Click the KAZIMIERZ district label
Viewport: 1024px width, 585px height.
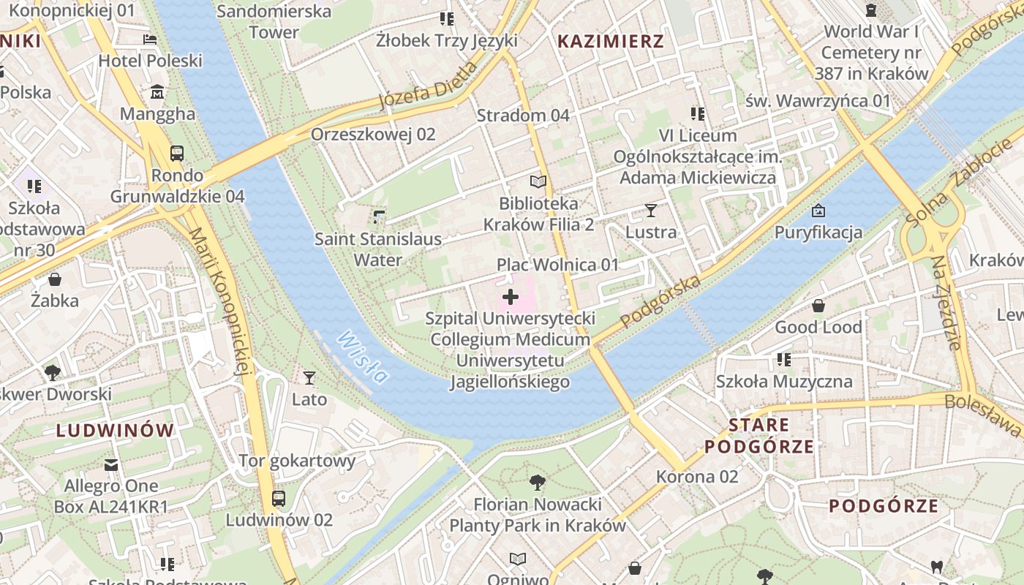[x=611, y=41]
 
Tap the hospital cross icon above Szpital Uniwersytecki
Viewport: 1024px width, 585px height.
[x=511, y=297]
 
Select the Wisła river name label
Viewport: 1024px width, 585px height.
[x=364, y=357]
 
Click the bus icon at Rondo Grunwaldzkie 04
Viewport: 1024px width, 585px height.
[x=177, y=154]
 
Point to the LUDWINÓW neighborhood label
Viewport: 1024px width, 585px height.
[x=116, y=430]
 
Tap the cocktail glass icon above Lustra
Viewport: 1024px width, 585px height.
[x=651, y=211]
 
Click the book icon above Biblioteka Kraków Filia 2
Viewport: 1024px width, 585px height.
[x=538, y=181]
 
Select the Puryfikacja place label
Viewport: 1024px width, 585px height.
[x=818, y=233]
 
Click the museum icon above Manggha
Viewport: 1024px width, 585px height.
[x=157, y=92]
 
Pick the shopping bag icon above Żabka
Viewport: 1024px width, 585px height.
[x=55, y=279]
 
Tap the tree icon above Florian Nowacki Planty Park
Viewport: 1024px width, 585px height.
[x=538, y=483]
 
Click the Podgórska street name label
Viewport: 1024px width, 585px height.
[x=660, y=301]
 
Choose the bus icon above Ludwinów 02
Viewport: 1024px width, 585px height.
[x=279, y=499]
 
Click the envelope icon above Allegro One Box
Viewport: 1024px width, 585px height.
[x=111, y=464]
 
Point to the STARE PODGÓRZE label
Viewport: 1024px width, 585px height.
[x=758, y=436]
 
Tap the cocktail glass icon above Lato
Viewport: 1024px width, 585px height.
[x=309, y=377]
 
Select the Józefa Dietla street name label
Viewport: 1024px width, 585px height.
[x=428, y=86]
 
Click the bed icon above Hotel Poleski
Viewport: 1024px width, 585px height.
[x=150, y=39]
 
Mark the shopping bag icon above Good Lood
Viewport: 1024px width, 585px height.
[x=818, y=306]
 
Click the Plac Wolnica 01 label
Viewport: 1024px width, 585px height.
[x=558, y=265]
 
